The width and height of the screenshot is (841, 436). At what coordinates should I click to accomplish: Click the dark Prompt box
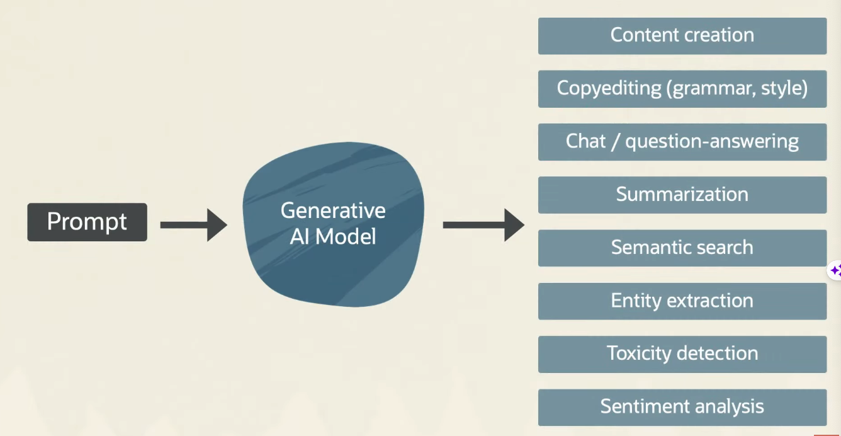(x=87, y=222)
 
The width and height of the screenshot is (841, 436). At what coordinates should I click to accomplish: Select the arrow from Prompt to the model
(x=193, y=225)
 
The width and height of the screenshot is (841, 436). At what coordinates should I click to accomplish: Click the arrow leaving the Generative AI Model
(x=483, y=225)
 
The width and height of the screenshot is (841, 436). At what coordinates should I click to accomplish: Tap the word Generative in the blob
(x=333, y=210)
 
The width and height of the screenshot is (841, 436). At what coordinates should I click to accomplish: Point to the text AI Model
(x=333, y=237)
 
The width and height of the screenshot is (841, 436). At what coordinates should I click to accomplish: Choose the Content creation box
(x=682, y=35)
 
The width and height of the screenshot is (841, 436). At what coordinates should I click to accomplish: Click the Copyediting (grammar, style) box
(x=682, y=88)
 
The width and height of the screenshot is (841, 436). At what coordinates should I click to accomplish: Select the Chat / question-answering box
(x=682, y=141)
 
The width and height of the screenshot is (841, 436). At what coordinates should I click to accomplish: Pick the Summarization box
(x=682, y=194)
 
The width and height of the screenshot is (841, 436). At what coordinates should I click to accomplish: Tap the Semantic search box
(x=682, y=248)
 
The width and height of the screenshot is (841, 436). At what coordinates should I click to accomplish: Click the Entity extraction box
(x=682, y=301)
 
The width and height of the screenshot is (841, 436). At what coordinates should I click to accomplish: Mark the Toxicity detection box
(x=682, y=353)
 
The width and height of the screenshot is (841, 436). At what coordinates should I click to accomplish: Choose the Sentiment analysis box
(x=682, y=407)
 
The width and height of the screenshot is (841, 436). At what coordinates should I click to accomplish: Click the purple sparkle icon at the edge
(x=835, y=271)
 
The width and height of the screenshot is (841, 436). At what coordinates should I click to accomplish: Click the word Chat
(x=585, y=141)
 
